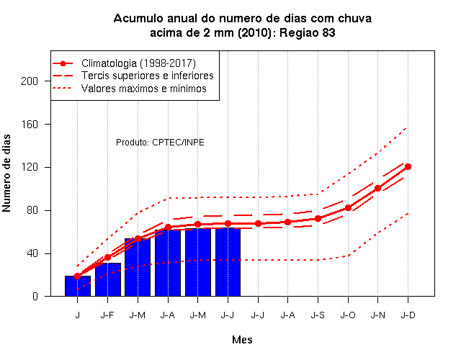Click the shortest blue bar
78,286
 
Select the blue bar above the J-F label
108,279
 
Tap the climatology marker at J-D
408,166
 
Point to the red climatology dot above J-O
348,208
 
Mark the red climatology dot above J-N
377,188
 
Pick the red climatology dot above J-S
318,219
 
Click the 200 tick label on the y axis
30,81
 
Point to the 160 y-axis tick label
30,125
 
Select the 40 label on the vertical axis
32,253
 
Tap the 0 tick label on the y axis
35,296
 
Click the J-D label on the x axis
408,315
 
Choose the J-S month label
318,315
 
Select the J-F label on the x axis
107,315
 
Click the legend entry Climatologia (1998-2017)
138,63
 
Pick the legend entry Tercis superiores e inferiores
147,76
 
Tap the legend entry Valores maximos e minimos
144,89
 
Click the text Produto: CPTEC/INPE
160,143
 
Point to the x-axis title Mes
242,340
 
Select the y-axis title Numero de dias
6,173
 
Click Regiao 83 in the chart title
308,32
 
